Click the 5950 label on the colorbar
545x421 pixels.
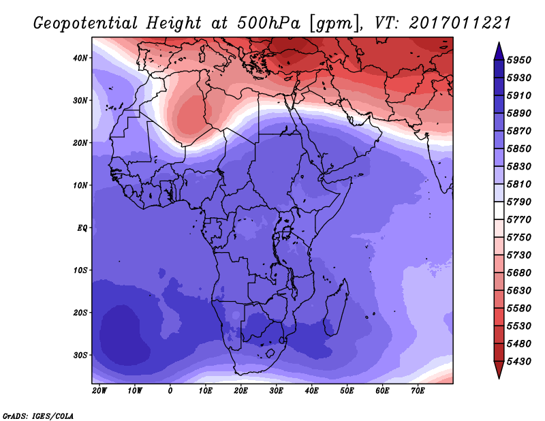point(519,60)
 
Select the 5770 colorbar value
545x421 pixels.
point(519,220)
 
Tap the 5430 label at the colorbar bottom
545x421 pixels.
point(519,362)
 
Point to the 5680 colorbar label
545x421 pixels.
point(519,273)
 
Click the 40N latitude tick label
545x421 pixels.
point(80,58)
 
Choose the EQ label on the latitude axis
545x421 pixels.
point(82,228)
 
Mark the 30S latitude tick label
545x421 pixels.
point(80,356)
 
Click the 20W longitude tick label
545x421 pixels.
point(99,391)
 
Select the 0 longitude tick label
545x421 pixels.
point(170,391)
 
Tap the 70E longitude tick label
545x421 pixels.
point(418,391)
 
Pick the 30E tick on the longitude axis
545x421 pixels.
point(276,391)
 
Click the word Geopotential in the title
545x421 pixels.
point(86,24)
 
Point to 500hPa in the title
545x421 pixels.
point(268,23)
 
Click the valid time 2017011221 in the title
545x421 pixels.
point(460,23)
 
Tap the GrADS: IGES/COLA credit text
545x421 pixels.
point(38,416)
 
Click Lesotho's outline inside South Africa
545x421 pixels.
point(270,354)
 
